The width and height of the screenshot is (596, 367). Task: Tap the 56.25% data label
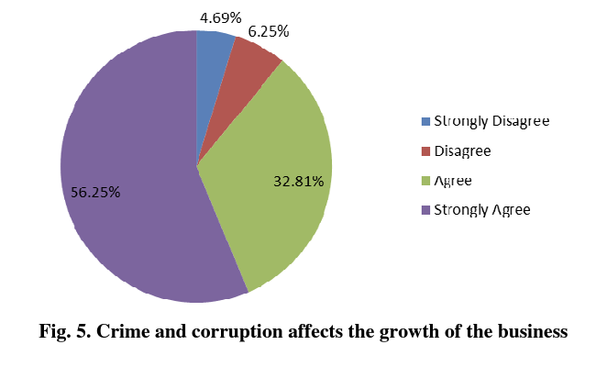tap(95, 193)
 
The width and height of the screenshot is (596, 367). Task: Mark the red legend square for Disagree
tap(425, 151)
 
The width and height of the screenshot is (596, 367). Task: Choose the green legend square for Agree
tap(425, 181)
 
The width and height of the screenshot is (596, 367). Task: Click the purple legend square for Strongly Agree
tap(425, 210)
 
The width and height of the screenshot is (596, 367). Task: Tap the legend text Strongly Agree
tap(482, 210)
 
